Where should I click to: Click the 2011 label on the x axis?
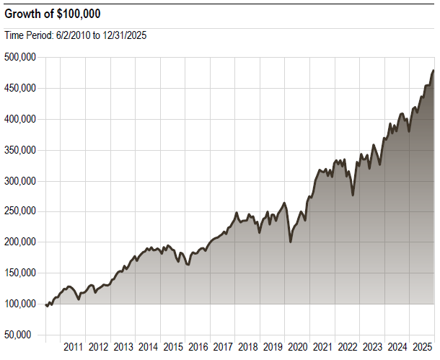pyautogui.click(x=74, y=347)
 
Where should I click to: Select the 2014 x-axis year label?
pyautogui.click(x=148, y=347)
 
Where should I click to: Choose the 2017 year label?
pyautogui.click(x=223, y=347)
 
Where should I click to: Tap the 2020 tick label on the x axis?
pyautogui.click(x=297, y=347)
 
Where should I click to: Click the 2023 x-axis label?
pyautogui.click(x=372, y=347)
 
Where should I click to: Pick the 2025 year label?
pyautogui.click(x=422, y=347)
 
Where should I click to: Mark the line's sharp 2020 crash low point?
pyautogui.click(x=291, y=241)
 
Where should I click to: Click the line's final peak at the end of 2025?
pyautogui.click(x=433, y=71)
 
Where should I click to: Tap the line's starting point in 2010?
pyautogui.click(x=46, y=304)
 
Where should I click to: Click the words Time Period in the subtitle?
pyautogui.click(x=27, y=35)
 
